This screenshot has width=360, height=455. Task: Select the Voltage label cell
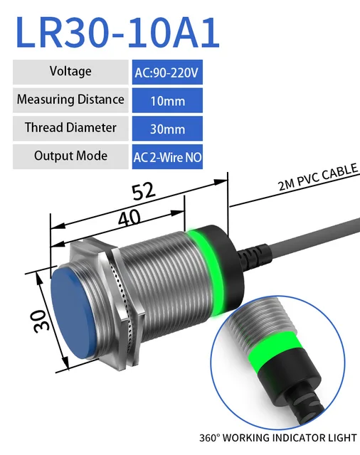[x=70, y=72]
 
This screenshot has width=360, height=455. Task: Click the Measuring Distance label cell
[x=70, y=100]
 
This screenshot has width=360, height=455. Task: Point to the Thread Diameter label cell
[x=70, y=128]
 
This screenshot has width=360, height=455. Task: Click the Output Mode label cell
[x=70, y=156]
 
